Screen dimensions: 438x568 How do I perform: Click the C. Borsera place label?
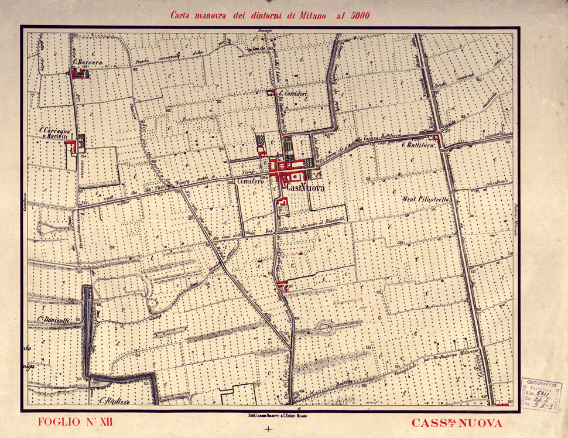[x=88, y=61]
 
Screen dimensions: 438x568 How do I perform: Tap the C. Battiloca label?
[x=418, y=143]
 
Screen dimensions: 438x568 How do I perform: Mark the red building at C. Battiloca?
[x=436, y=139]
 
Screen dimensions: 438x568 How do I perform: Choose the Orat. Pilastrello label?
[x=426, y=200]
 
